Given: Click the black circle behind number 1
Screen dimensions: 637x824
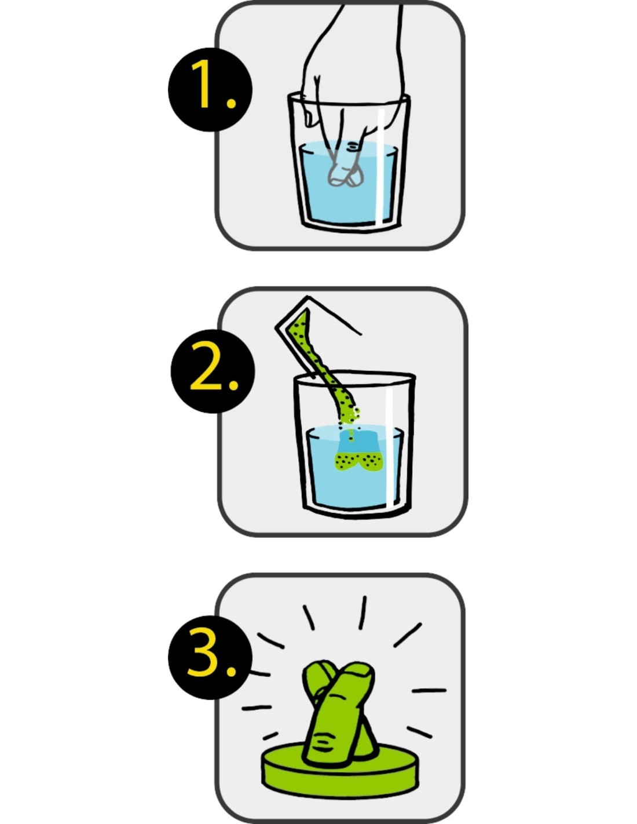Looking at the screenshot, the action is [x=210, y=89].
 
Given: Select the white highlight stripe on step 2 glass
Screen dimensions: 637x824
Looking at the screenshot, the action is [x=389, y=447].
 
